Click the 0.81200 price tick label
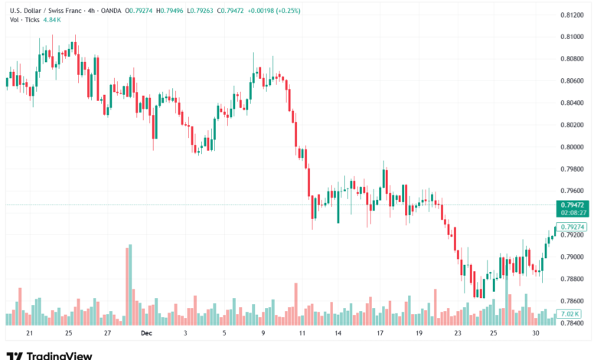[573, 15]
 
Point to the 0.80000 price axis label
[573, 146]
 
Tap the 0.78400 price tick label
[573, 322]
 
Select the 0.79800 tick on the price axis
[573, 169]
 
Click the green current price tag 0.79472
[573, 205]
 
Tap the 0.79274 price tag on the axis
[573, 227]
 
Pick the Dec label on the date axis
[146, 334]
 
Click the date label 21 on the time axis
[29, 334]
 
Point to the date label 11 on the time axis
[302, 334]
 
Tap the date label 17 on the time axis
[380, 334]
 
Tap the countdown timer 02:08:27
[573, 214]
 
